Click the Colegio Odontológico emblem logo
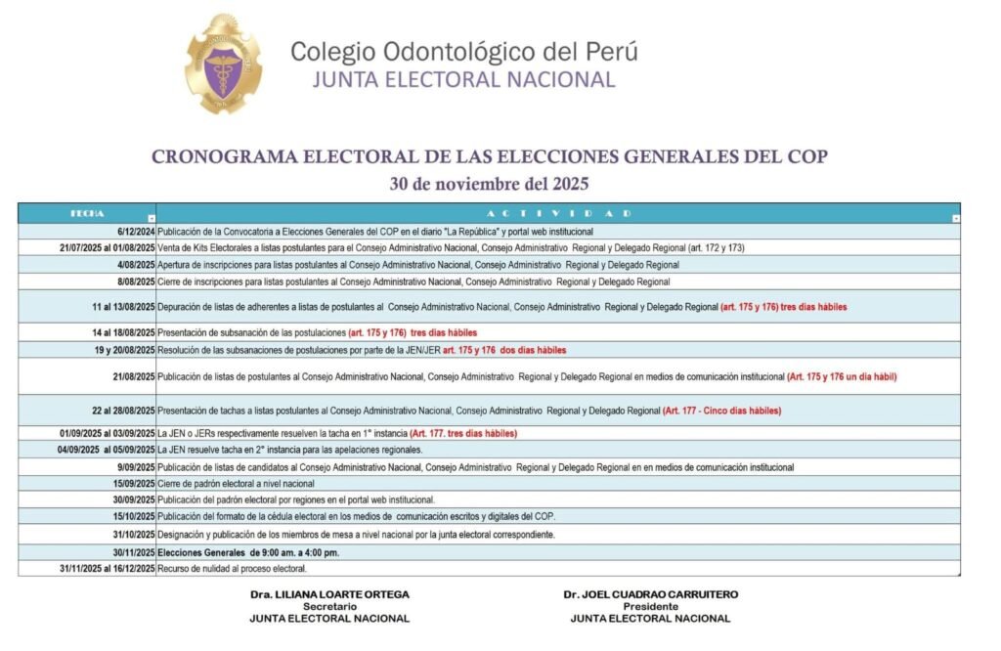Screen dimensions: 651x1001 point(224,65)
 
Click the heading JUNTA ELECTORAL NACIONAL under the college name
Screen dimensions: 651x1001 point(463,79)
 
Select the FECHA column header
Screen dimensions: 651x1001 point(87,213)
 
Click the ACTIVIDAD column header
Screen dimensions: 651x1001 point(556,213)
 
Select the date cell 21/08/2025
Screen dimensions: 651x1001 point(133,376)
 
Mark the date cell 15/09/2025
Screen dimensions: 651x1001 point(133,484)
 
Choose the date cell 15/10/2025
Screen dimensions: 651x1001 point(133,516)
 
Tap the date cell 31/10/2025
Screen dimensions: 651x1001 point(133,535)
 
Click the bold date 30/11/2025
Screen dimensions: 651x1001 point(133,552)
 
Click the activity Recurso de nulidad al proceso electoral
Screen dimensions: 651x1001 point(232,569)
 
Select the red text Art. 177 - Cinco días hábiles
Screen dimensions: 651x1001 point(722,411)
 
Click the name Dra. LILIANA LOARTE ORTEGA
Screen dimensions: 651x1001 point(329,594)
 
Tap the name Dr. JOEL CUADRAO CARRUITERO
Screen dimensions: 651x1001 point(650,594)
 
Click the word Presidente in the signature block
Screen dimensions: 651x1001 point(650,606)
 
